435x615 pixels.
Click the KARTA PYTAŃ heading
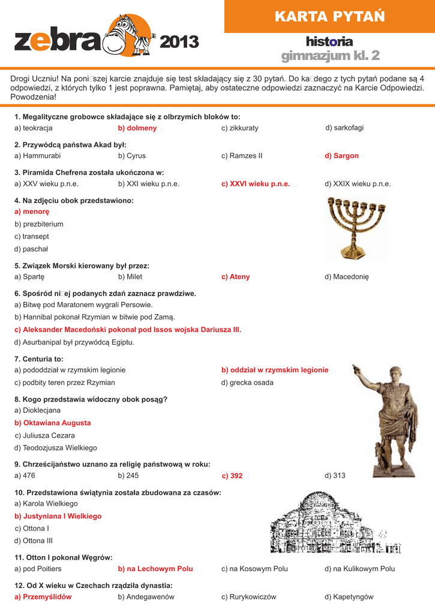point(329,16)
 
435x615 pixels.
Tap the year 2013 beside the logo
point(179,42)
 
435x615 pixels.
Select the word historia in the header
point(329,41)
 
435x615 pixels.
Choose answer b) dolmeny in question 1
point(137,128)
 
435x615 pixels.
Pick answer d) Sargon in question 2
point(341,156)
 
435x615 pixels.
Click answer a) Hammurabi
point(37,156)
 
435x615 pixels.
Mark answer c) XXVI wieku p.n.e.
point(256,184)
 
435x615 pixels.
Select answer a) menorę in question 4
point(32,211)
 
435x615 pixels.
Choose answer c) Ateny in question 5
point(235,277)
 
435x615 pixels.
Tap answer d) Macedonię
point(347,277)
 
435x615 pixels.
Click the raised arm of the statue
point(362,376)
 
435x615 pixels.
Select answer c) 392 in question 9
point(232,476)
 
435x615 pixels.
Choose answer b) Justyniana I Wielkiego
point(58,516)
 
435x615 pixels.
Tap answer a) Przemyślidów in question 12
point(43,597)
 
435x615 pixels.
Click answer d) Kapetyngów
point(349,597)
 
